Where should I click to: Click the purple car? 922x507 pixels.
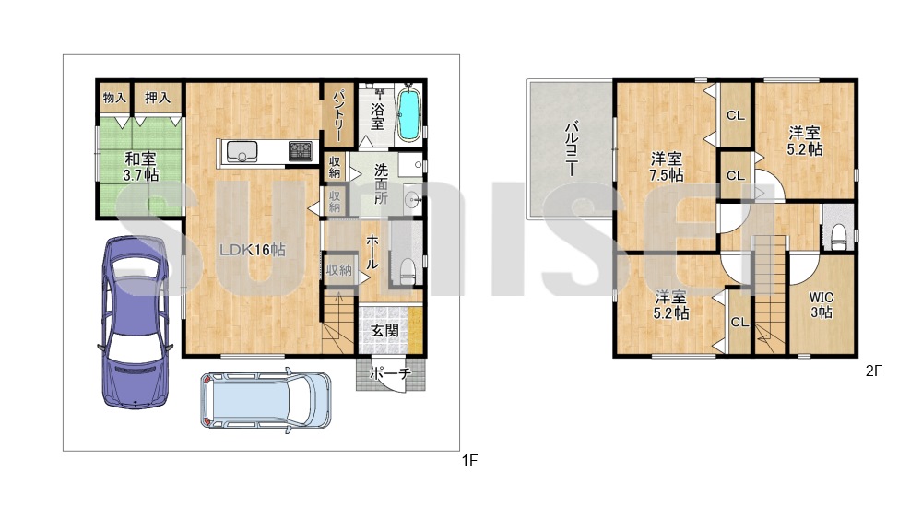click(136, 322)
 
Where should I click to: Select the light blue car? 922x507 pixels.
click(266, 401)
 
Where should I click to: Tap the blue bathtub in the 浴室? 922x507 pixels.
click(409, 114)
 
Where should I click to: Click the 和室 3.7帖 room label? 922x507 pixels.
click(140, 167)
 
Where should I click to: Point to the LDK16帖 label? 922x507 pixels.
click(253, 250)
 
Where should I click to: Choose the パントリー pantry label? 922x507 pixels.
click(338, 115)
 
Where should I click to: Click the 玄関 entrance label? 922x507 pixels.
click(384, 331)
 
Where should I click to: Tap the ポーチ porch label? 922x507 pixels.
click(389, 373)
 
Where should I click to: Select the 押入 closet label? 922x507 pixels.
click(158, 98)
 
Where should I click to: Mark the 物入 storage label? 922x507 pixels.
click(114, 98)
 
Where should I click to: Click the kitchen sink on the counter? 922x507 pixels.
click(242, 151)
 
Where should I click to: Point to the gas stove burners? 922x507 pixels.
click(301, 151)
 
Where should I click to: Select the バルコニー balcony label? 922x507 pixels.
click(571, 148)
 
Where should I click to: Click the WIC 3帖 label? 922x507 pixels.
click(821, 305)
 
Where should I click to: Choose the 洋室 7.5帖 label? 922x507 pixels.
click(667, 167)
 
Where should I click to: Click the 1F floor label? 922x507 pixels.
click(469, 460)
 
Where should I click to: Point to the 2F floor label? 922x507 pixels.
click(874, 371)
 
